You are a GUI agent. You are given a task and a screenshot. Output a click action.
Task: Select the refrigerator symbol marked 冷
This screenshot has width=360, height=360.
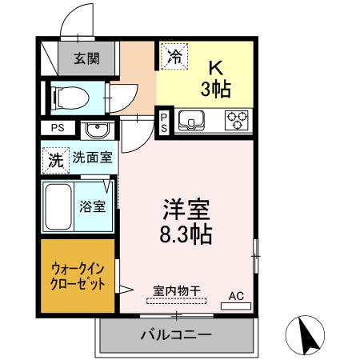coord(175,56)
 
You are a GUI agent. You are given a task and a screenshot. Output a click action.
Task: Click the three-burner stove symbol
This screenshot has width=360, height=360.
coord(236,121)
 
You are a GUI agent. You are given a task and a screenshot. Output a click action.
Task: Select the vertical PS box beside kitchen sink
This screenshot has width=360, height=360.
coord(164,122)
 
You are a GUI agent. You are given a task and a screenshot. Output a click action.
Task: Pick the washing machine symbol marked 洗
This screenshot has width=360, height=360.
coord(54,158)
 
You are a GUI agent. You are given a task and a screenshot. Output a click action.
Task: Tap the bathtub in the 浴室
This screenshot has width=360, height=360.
coord(58,206)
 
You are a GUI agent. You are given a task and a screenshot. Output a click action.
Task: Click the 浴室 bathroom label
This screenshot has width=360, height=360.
coord(92,206)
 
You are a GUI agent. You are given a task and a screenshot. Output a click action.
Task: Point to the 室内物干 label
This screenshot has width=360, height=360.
coord(174,291)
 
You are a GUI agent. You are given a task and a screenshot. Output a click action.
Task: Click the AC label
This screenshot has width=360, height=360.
coord(236,296)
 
